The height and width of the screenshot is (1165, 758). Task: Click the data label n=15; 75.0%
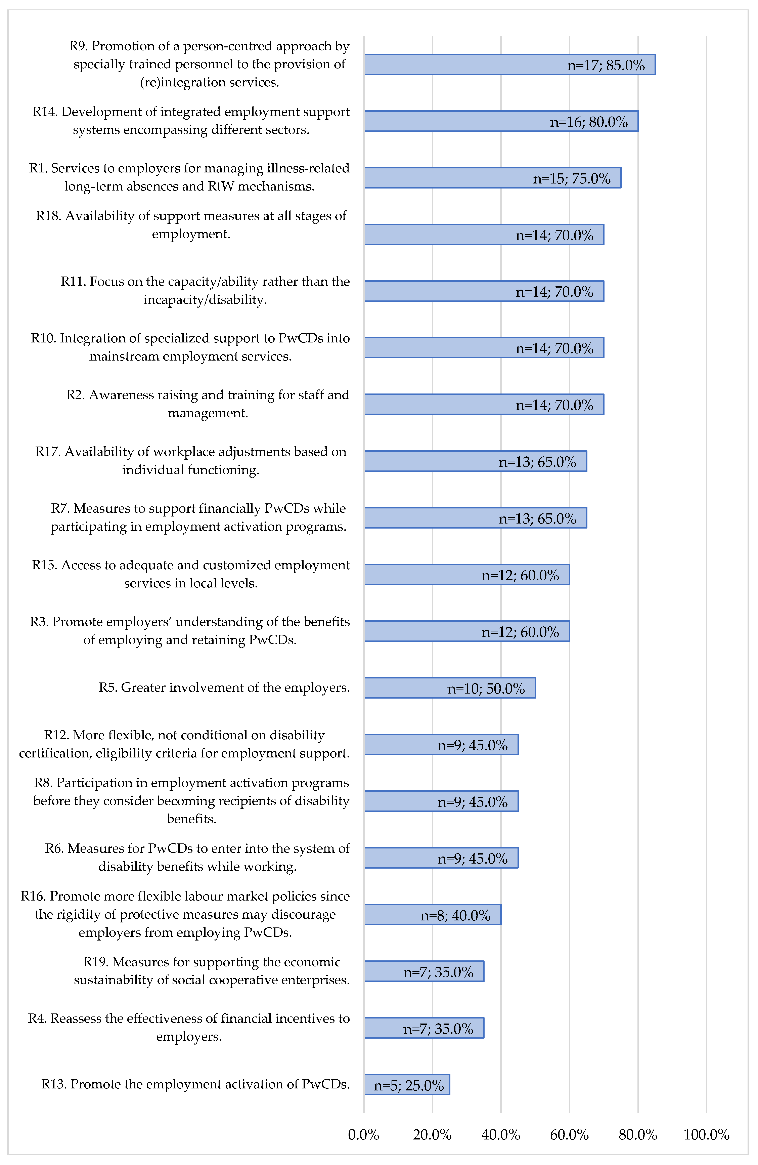572,179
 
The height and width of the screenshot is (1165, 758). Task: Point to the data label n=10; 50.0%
486,689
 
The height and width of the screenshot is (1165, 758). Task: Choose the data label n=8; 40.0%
455,915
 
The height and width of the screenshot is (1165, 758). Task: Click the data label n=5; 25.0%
409,1086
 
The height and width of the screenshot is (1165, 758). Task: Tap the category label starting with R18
191,225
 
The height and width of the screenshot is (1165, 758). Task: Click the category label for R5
224,688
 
